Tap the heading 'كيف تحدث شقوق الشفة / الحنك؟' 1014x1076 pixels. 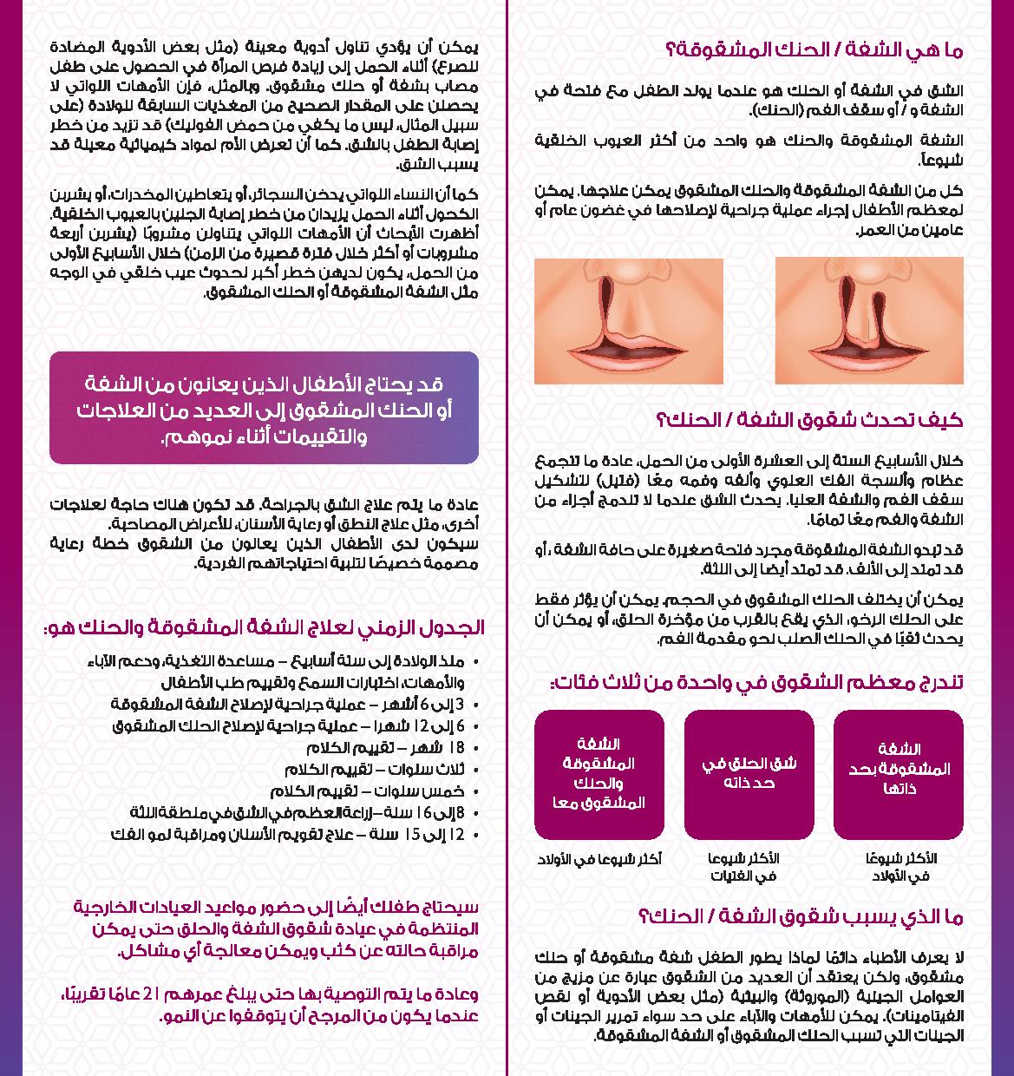pos(810,421)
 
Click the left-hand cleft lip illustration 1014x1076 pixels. pos(628,321)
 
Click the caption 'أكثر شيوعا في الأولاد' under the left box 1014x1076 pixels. pos(599,859)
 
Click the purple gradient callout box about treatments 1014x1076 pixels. pos(264,407)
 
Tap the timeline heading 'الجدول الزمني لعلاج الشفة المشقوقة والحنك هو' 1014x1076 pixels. pos(264,627)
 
